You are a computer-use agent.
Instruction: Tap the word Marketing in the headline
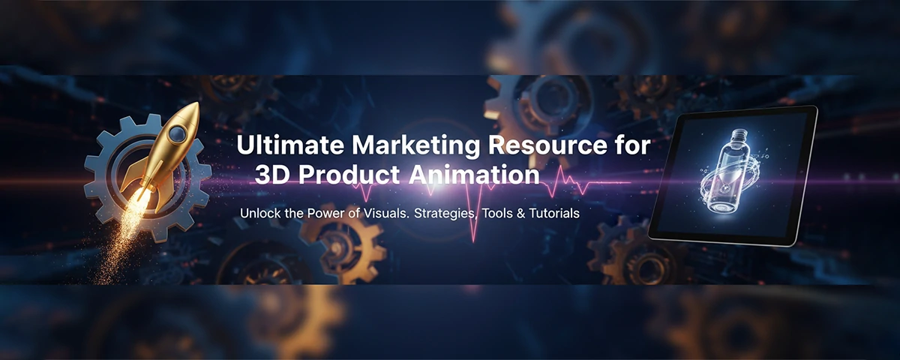pyautogui.click(x=390, y=145)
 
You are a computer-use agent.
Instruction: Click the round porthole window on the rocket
pyautogui.click(x=178, y=133)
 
